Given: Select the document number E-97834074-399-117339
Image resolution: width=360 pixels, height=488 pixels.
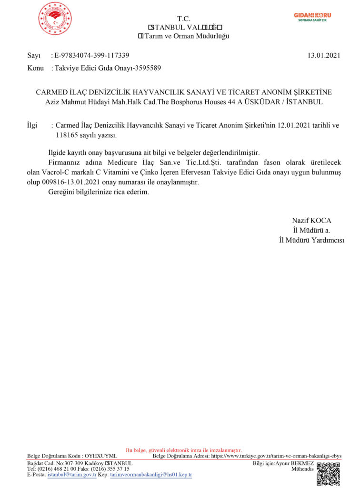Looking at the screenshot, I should click(x=92, y=56).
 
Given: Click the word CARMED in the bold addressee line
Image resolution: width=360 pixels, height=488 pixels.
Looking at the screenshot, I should click(x=53, y=92).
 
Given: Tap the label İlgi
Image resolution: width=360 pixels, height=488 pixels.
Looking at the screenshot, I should click(x=33, y=126).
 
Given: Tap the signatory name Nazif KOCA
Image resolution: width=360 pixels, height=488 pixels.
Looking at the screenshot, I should click(x=311, y=221).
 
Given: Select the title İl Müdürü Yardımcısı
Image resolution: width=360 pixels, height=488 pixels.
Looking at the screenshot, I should click(x=311, y=240).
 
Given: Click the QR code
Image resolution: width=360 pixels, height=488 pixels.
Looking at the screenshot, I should click(x=328, y=473).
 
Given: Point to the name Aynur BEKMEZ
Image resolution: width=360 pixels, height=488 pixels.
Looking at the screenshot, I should click(x=298, y=463).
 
